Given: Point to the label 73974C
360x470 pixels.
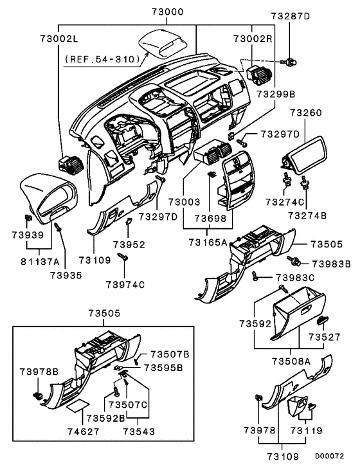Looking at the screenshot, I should click(126, 284).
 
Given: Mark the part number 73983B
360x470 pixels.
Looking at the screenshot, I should click(331, 264).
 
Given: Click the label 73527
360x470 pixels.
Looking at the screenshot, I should click(323, 336).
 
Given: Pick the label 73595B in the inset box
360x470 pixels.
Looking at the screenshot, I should click(163, 367).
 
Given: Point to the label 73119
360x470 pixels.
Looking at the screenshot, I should click(303, 429).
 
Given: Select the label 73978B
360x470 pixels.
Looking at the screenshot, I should click(39, 372).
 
